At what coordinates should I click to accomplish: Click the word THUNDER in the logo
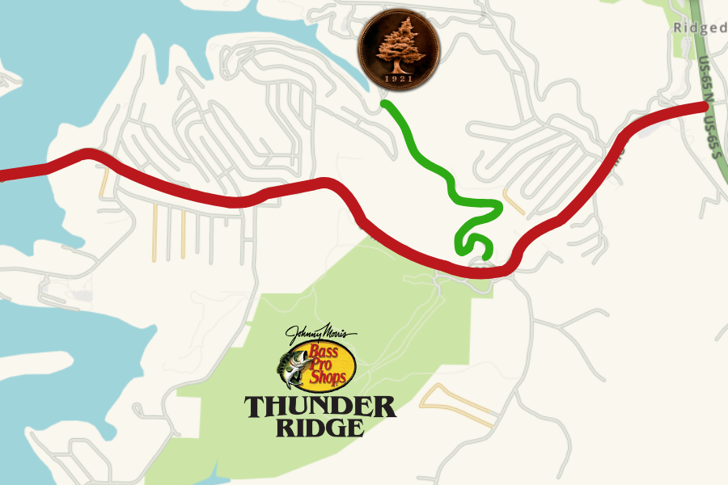click(x=320, y=407)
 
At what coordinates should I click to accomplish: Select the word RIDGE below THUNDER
click(x=320, y=427)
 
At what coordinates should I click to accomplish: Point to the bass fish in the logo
click(x=290, y=369)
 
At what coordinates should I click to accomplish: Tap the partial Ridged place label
click(x=700, y=27)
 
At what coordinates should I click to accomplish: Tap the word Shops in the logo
click(x=331, y=377)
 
